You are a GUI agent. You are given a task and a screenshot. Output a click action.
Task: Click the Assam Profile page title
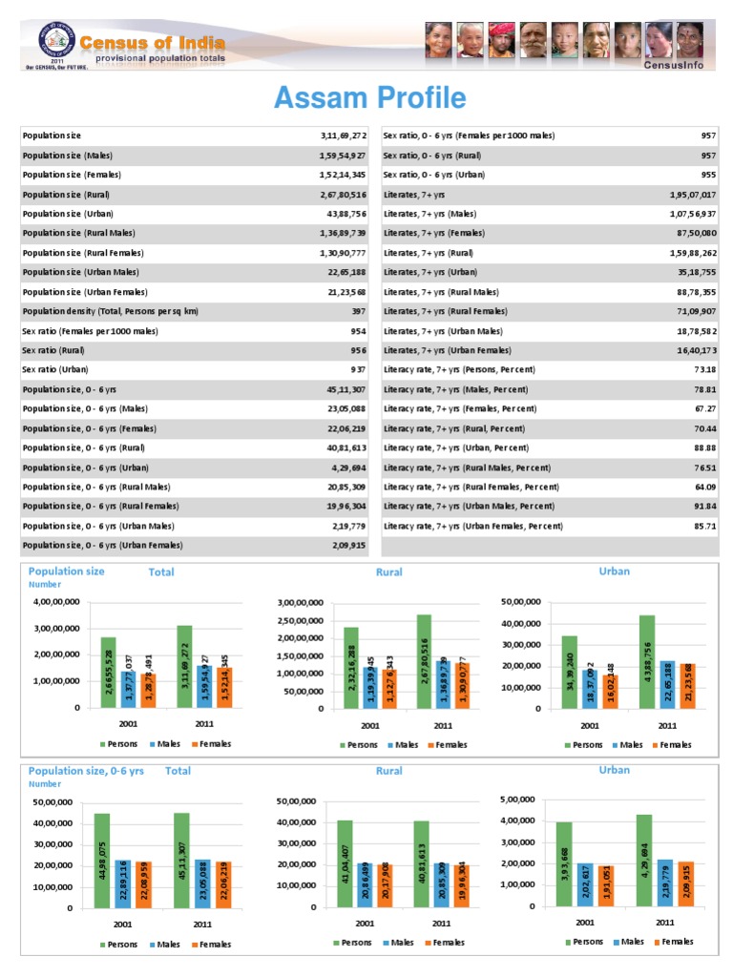click(x=369, y=98)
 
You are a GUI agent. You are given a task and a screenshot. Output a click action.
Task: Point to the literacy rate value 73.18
click(x=705, y=369)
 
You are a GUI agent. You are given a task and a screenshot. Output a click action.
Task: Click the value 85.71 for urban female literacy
click(x=705, y=526)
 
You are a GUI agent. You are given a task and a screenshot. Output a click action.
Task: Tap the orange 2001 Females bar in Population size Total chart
click(x=148, y=689)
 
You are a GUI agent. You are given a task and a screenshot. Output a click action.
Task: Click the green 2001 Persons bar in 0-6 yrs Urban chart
click(x=565, y=862)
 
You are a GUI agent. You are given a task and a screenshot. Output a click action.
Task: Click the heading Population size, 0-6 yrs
click(x=86, y=771)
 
